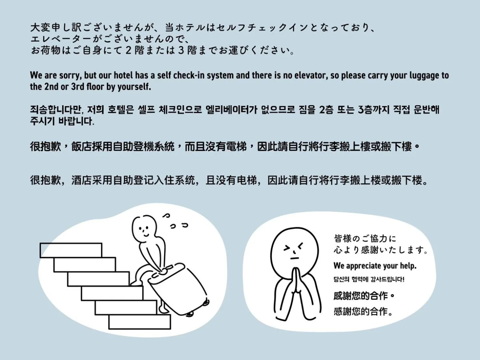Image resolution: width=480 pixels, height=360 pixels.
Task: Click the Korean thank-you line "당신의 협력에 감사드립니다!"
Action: (x=369, y=279)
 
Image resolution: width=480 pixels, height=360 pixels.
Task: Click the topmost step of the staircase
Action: (x=71, y=250)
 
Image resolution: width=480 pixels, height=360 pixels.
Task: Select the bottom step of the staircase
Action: (x=139, y=322)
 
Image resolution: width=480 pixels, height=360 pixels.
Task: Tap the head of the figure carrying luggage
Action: (x=144, y=229)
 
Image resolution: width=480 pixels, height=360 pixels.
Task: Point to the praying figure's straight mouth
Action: (x=295, y=259)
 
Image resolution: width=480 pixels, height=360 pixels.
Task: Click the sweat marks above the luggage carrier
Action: (x=175, y=221)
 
